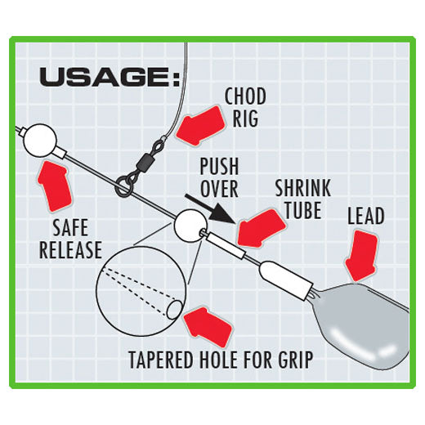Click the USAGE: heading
[110, 78]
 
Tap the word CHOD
[245, 96]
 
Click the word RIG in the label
[245, 119]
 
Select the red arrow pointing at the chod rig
[201, 126]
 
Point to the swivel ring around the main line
[122, 187]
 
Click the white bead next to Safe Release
[40, 141]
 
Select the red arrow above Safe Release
[55, 186]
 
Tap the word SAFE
[70, 227]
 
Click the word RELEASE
[70, 249]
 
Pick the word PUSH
[219, 166]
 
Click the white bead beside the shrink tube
[190, 226]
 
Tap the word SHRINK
[302, 188]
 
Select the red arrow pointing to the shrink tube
[262, 228]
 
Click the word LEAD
[366, 216]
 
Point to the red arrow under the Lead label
[362, 256]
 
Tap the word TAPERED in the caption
[161, 360]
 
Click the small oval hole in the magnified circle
[174, 310]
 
